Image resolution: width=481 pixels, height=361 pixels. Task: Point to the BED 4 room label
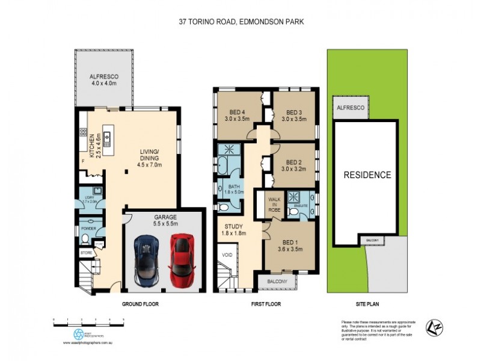pos(238,114)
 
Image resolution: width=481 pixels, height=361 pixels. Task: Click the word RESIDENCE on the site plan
pos(367,176)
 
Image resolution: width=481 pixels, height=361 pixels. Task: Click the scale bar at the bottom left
pos(88,323)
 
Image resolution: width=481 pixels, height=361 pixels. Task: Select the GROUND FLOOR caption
pos(139,304)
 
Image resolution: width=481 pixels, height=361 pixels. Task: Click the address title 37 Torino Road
pos(240,22)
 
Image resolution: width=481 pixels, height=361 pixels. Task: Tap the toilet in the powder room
pos(85,240)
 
